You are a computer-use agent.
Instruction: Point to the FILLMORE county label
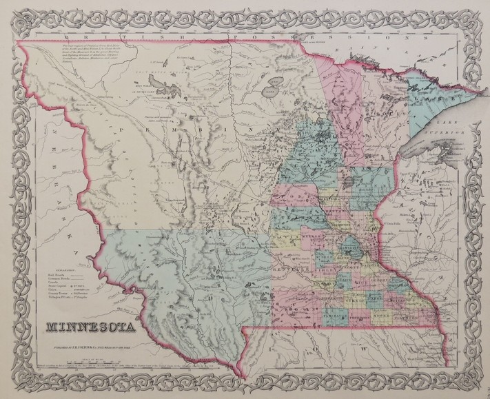tap(408, 318)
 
